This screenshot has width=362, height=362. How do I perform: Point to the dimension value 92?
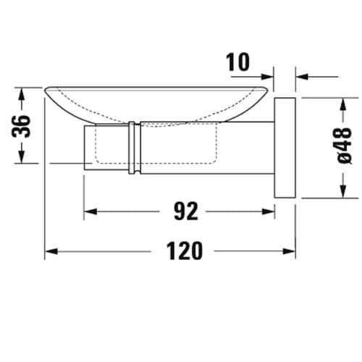point(185,211)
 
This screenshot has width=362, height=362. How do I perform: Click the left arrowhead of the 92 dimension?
point(88,211)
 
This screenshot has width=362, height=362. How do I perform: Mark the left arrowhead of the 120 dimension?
point(49,251)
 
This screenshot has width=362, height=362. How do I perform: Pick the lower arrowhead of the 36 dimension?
point(22,159)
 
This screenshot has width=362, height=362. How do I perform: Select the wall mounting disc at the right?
point(285,147)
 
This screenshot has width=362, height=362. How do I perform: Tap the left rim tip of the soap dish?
point(47,90)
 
